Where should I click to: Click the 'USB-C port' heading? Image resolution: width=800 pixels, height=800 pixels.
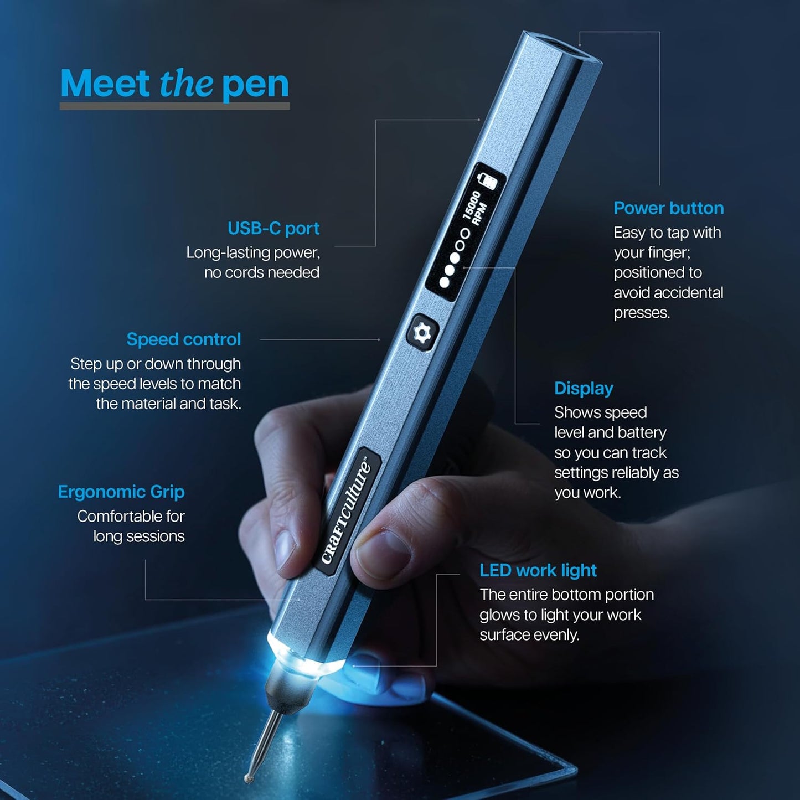[273, 228]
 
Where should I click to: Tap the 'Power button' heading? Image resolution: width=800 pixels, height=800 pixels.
[668, 208]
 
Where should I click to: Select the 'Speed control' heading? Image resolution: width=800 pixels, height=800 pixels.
[184, 339]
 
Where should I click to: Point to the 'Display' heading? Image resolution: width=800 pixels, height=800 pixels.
[584, 389]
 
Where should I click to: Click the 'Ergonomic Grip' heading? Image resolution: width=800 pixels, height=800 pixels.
[121, 492]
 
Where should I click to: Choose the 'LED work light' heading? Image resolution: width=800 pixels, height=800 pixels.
[538, 570]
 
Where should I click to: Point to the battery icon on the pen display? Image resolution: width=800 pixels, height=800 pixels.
[487, 180]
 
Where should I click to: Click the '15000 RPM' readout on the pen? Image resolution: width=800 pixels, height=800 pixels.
[475, 208]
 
